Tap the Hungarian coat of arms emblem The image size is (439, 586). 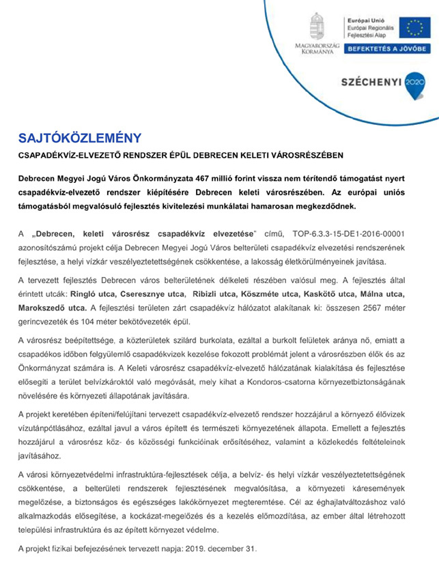pos(318,26)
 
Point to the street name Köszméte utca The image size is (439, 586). pos(280,293)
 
